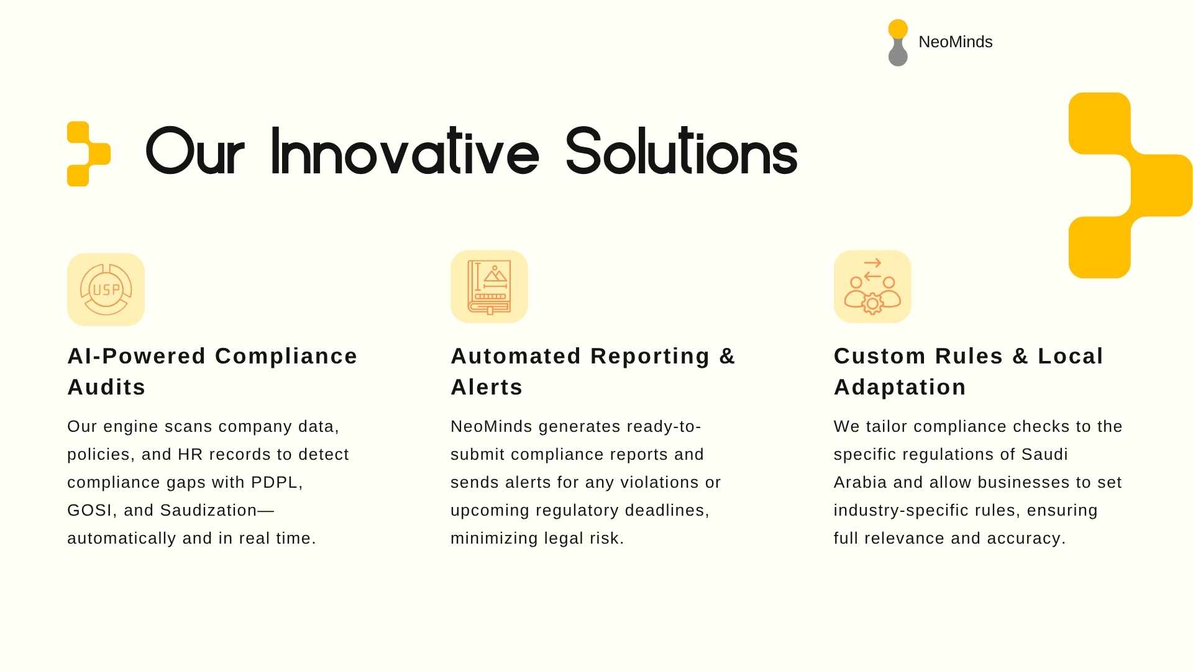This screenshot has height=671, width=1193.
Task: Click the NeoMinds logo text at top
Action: pos(955,42)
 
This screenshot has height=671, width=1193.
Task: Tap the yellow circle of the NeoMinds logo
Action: pos(898,29)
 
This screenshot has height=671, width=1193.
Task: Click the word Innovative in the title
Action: pos(405,150)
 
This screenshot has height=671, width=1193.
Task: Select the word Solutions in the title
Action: pos(682,150)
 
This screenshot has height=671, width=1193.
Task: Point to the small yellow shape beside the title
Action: pos(88,153)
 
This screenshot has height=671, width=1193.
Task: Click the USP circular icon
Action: pos(106,289)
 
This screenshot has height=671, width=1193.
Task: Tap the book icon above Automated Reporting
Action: pos(489,287)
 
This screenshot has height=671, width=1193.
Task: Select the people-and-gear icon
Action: pos(872,286)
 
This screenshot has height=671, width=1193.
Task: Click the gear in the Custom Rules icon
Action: pos(872,304)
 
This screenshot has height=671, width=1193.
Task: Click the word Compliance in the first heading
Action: pos(286,356)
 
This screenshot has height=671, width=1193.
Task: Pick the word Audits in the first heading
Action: pos(106,387)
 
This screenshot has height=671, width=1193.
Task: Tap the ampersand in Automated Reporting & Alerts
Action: pos(727,356)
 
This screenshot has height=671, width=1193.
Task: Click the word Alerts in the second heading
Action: pos(487,387)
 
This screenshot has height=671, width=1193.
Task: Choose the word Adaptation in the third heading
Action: pos(900,387)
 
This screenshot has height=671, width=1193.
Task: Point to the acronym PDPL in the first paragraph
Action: pos(277,483)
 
